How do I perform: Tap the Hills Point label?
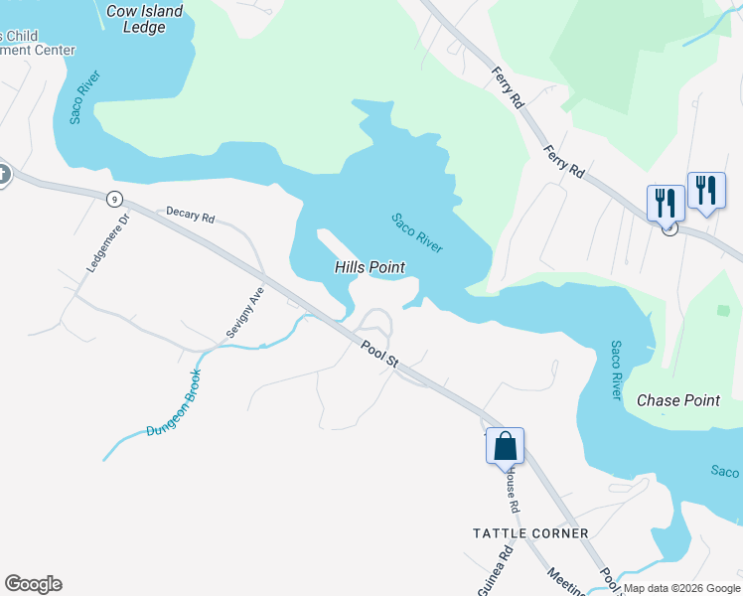click(370, 267)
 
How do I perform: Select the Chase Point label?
click(677, 400)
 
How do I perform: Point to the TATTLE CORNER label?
click(530, 533)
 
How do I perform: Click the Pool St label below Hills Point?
click(379, 355)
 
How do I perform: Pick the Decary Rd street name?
click(191, 214)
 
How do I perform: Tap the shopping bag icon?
click(505, 446)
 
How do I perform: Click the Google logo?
click(33, 584)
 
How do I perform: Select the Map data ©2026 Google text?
click(681, 588)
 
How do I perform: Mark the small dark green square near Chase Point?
click(723, 311)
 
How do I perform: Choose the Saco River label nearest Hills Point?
click(417, 232)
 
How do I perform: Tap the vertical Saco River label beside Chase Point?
click(616, 371)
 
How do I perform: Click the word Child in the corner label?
click(21, 36)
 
